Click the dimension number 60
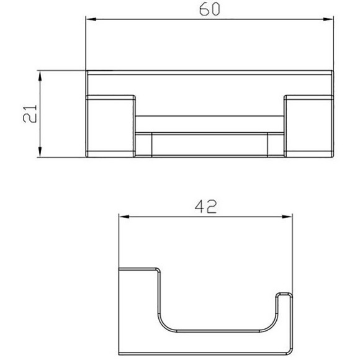click(x=209, y=10)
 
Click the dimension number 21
click(x=30, y=114)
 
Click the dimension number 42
click(x=205, y=207)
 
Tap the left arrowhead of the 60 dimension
click(x=91, y=19)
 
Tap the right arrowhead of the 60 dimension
click(x=328, y=19)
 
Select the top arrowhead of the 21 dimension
click(x=40, y=76)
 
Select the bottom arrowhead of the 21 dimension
click(x=40, y=152)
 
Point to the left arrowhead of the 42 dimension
click(x=124, y=217)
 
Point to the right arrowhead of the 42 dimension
click(x=287, y=217)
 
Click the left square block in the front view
click(x=110, y=126)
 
